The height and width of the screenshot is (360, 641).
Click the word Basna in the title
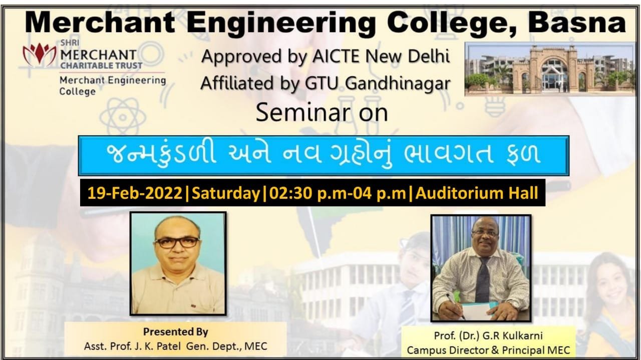577,23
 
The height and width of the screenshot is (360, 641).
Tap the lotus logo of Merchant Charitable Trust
40,55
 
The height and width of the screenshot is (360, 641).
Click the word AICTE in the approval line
336,57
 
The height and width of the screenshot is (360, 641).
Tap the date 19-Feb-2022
135,193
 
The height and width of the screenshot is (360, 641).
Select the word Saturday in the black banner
226,193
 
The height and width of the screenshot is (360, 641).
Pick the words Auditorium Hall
477,193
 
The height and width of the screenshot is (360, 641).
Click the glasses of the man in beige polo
177,242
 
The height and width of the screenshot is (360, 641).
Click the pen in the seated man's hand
456,307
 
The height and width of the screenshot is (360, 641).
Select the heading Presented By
175,332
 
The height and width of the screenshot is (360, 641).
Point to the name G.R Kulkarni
512,336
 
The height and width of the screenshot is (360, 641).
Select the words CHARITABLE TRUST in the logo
101,66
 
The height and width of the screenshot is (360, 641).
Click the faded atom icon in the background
123,117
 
